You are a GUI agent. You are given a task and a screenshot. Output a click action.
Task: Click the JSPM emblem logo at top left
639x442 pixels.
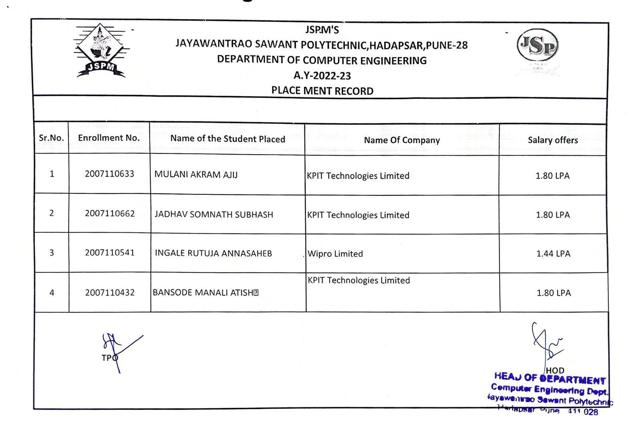point(101,51)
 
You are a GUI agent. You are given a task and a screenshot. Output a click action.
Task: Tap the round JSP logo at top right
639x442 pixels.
point(538,46)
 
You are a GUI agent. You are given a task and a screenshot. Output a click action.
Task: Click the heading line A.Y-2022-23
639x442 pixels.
point(322,75)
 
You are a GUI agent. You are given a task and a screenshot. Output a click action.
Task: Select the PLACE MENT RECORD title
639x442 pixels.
point(322,91)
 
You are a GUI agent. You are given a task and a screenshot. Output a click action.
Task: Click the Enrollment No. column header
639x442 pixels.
point(109,138)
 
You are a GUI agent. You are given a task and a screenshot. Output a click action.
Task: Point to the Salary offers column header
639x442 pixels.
point(553,140)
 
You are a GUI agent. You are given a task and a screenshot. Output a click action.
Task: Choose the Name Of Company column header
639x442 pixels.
point(402,140)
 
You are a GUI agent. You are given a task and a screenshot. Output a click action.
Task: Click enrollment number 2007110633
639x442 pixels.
point(109,174)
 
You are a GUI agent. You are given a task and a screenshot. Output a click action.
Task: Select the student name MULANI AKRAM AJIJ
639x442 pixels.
point(196,175)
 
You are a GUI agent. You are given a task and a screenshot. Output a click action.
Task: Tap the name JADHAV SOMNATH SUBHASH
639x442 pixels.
point(214,214)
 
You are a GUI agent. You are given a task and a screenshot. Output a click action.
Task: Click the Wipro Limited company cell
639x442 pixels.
point(335,254)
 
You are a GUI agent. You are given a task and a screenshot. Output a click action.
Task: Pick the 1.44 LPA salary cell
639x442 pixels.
point(553,254)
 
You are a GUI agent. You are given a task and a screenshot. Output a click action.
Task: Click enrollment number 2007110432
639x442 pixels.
point(110,293)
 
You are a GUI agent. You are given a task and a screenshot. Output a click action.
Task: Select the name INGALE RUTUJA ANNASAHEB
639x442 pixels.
point(213,254)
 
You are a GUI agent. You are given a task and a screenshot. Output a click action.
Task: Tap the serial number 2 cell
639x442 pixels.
point(52,213)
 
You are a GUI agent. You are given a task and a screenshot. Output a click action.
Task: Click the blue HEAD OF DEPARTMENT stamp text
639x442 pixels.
point(550,378)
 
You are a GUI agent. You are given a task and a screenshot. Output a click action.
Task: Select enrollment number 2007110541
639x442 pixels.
point(110,253)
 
